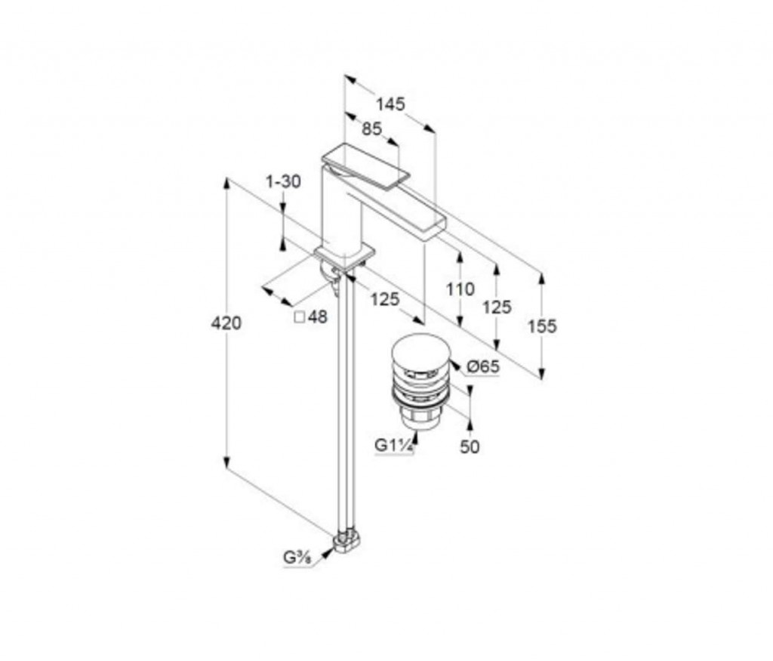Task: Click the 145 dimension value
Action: pyautogui.click(x=390, y=104)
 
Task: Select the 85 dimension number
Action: pyautogui.click(x=371, y=128)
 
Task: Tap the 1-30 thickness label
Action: pyautogui.click(x=283, y=181)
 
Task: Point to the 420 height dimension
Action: pyautogui.click(x=226, y=323)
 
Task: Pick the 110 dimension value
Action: pyautogui.click(x=460, y=289)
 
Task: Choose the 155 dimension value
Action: pyautogui.click(x=542, y=326)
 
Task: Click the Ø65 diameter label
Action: pyautogui.click(x=483, y=366)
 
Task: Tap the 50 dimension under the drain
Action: pyautogui.click(x=470, y=447)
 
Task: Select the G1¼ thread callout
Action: pyautogui.click(x=394, y=445)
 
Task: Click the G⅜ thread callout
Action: pyautogui.click(x=296, y=558)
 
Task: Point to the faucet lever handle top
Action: pyautogui.click(x=366, y=165)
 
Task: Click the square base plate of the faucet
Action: pyautogui.click(x=345, y=255)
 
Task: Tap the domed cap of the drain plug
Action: pyautogui.click(x=421, y=352)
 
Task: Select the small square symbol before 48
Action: pyautogui.click(x=299, y=317)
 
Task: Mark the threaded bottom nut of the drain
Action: pyautogui.click(x=420, y=419)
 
